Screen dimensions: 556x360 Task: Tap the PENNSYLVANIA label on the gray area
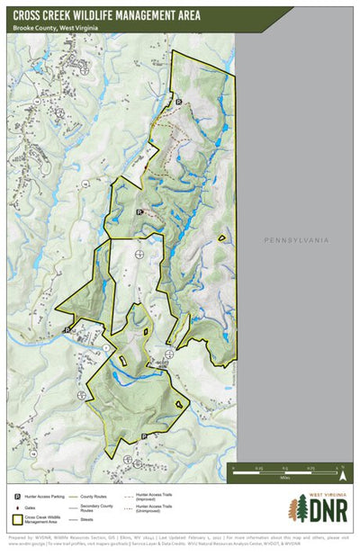pos(296,240)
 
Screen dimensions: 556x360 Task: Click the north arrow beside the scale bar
pos(341,467)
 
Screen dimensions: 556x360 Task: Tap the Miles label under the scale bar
pos(284,478)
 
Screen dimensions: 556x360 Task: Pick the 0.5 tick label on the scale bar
pos(284,468)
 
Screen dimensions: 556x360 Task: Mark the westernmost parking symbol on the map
pos(67,330)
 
